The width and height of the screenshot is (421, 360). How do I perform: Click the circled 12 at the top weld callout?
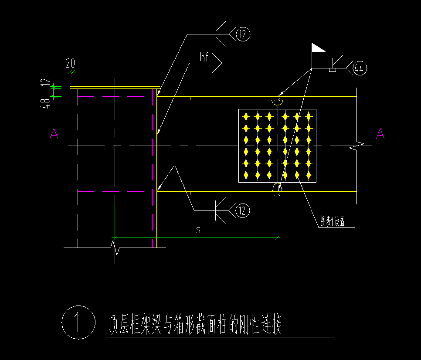(243, 34)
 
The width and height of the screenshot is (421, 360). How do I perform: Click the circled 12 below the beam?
(243, 211)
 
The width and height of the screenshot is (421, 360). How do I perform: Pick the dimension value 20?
(70, 63)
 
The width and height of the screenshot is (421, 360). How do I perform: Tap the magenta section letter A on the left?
(54, 133)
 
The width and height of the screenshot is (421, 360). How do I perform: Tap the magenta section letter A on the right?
(380, 133)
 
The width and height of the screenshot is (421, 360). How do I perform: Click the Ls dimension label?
(196, 229)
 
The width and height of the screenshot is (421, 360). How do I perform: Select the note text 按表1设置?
(333, 221)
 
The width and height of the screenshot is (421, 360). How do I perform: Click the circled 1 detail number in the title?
(78, 323)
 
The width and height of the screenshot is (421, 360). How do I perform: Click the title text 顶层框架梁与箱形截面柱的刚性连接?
(194, 325)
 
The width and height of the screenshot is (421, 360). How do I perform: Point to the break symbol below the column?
(115, 248)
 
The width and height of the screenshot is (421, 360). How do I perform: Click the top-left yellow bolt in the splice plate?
(246, 116)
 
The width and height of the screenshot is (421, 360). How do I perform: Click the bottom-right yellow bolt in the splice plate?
(309, 175)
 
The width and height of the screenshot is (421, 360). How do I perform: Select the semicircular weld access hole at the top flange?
(277, 102)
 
